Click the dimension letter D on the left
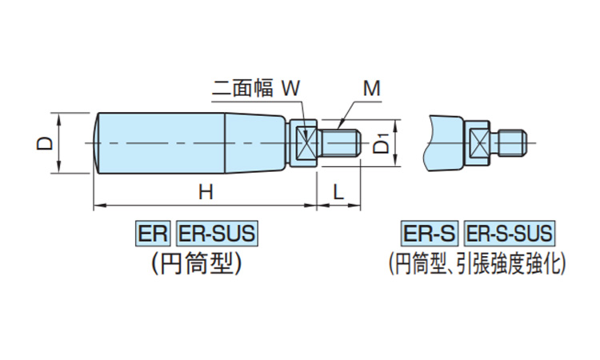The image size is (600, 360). click(x=46, y=143)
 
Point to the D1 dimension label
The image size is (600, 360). click(x=383, y=143)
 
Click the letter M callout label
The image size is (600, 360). click(x=370, y=88)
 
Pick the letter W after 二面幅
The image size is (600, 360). click(x=291, y=88)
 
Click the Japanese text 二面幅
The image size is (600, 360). click(x=243, y=88)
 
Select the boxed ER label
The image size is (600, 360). click(x=152, y=234)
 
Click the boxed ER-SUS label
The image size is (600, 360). click(x=215, y=234)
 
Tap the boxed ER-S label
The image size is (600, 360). click(x=430, y=234)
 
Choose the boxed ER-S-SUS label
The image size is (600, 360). click(x=509, y=234)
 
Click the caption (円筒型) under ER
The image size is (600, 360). click(x=195, y=262)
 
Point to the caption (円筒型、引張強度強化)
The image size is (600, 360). click(x=477, y=262)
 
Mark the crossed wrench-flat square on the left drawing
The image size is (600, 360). click(x=303, y=144)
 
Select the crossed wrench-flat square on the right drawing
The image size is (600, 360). click(x=478, y=144)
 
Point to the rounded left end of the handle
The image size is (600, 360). click(x=97, y=143)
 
